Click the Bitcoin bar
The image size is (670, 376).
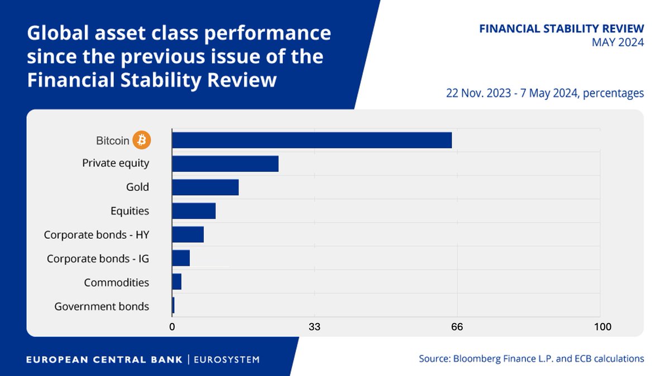[x=312, y=141]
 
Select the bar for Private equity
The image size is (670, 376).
[x=225, y=164]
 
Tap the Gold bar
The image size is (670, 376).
[x=205, y=187]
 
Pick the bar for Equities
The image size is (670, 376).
[x=194, y=211]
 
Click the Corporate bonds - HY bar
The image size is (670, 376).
[x=188, y=235]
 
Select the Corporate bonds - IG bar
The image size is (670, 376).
[x=181, y=258]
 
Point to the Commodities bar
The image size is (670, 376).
[x=177, y=282]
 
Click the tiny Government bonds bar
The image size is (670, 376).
[x=173, y=306]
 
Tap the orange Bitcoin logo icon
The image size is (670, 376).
[x=142, y=141]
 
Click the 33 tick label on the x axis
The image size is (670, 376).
[x=314, y=327]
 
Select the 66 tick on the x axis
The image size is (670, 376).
[x=457, y=327]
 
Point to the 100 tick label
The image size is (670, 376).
[x=602, y=327]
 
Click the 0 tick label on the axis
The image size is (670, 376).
[x=172, y=327]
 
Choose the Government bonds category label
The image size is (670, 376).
[x=102, y=306]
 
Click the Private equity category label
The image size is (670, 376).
[x=116, y=163]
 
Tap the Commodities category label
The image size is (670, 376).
[x=116, y=283]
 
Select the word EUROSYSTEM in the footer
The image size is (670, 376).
[x=226, y=360]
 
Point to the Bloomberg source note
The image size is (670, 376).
[x=531, y=359]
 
